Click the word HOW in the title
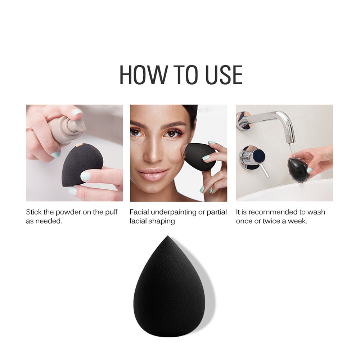pos(143,75)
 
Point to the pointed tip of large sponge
pos(167,238)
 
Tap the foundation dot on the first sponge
pos(79,145)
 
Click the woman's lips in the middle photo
pos(153,175)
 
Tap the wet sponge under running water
pos(298,169)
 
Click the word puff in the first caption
pos(111,212)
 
